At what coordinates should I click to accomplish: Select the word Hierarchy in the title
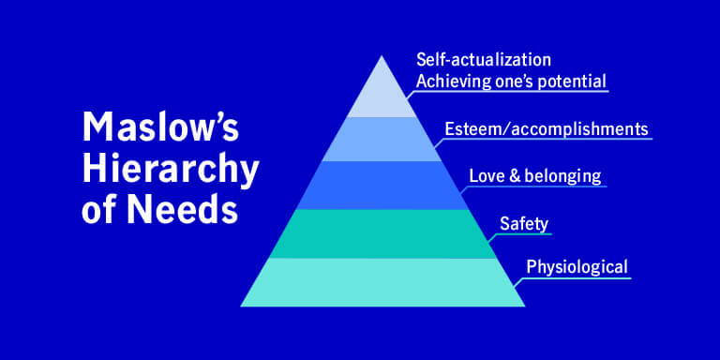click(169, 170)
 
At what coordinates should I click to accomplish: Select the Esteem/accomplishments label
click(545, 128)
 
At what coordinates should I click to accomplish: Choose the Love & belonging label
click(534, 175)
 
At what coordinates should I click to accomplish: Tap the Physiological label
click(576, 266)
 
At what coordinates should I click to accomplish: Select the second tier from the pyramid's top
click(382, 139)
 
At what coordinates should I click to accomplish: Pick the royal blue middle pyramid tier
click(382, 185)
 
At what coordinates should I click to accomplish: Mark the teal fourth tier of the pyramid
click(382, 232)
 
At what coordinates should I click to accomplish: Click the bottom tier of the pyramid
click(382, 281)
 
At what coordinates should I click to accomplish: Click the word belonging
click(562, 176)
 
